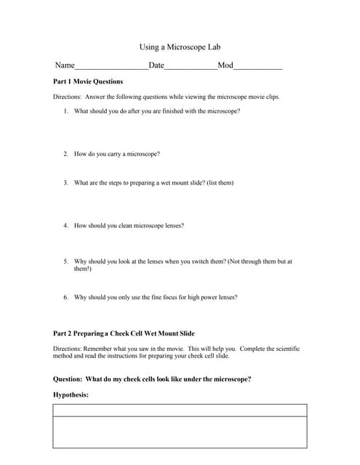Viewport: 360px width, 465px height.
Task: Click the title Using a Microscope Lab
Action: [179, 47]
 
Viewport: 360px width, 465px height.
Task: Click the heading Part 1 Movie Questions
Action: [88, 82]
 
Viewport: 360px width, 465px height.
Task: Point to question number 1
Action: [65, 111]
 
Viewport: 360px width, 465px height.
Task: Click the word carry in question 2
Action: [115, 154]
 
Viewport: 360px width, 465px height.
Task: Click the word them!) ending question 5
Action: [82, 269]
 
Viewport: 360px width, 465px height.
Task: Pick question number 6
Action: [65, 297]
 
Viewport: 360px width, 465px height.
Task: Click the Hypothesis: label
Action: [71, 395]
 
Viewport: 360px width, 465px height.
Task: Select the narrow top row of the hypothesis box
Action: [179, 411]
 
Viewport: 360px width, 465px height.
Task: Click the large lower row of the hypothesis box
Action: [179, 432]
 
